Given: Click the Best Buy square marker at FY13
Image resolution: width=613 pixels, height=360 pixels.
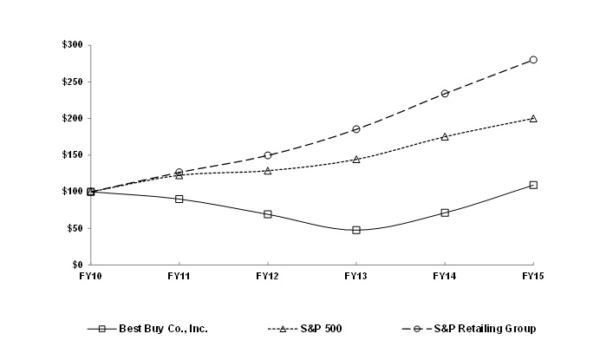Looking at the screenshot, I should (x=356, y=230).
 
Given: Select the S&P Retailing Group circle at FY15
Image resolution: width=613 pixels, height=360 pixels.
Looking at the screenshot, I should (x=533, y=60).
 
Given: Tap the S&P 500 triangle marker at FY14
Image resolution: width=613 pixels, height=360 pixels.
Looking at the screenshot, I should (x=445, y=136).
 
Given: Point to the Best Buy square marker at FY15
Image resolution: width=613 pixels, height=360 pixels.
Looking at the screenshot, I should (x=533, y=185).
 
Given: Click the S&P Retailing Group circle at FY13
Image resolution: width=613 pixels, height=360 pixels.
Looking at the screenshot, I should (x=356, y=129).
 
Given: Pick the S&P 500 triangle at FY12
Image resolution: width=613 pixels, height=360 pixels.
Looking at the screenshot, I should (x=268, y=171).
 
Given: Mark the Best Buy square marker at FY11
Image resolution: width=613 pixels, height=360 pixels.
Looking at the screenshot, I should (x=179, y=199).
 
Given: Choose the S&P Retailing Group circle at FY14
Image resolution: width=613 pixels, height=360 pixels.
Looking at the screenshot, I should (x=445, y=93).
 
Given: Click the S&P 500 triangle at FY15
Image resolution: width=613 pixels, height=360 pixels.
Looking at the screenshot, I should (x=533, y=118).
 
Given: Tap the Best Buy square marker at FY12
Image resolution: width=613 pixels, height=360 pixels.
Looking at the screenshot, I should (x=268, y=213).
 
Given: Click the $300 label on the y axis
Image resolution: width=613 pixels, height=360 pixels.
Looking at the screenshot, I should (x=72, y=45).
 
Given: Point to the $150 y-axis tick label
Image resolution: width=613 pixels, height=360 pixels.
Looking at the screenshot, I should (x=72, y=155).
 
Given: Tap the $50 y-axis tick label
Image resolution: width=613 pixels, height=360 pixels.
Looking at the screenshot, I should (x=75, y=228).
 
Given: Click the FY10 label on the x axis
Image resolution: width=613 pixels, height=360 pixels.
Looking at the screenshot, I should (x=91, y=275).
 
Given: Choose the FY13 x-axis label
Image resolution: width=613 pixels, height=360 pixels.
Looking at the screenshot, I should (x=356, y=275).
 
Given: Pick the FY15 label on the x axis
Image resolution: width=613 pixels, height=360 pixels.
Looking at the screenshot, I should (x=533, y=275).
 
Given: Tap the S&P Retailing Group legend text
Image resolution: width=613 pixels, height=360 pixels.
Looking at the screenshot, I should (x=486, y=330).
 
